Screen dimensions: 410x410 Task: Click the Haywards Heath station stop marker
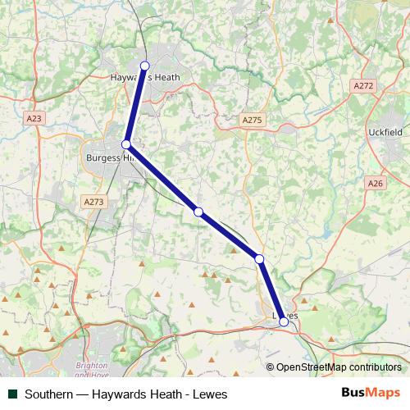(x=145, y=66)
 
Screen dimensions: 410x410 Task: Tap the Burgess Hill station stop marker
(x=126, y=144)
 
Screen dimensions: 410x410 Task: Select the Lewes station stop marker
(x=284, y=321)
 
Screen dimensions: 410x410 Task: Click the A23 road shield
(x=34, y=119)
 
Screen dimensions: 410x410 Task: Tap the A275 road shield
(x=252, y=121)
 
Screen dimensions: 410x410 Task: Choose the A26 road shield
(x=376, y=184)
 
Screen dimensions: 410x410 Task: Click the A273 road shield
(x=93, y=201)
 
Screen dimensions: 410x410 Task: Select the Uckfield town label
(x=385, y=131)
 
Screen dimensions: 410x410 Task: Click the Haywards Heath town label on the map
(x=144, y=78)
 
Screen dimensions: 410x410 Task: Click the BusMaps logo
(x=371, y=393)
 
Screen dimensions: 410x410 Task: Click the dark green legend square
(x=12, y=394)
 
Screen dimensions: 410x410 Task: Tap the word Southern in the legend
(x=50, y=394)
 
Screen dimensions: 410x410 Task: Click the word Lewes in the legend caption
(x=210, y=394)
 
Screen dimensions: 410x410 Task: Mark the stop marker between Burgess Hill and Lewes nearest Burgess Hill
(x=198, y=212)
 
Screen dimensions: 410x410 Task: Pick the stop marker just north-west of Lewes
(x=259, y=259)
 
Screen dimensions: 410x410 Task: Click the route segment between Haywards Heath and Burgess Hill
(x=136, y=105)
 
